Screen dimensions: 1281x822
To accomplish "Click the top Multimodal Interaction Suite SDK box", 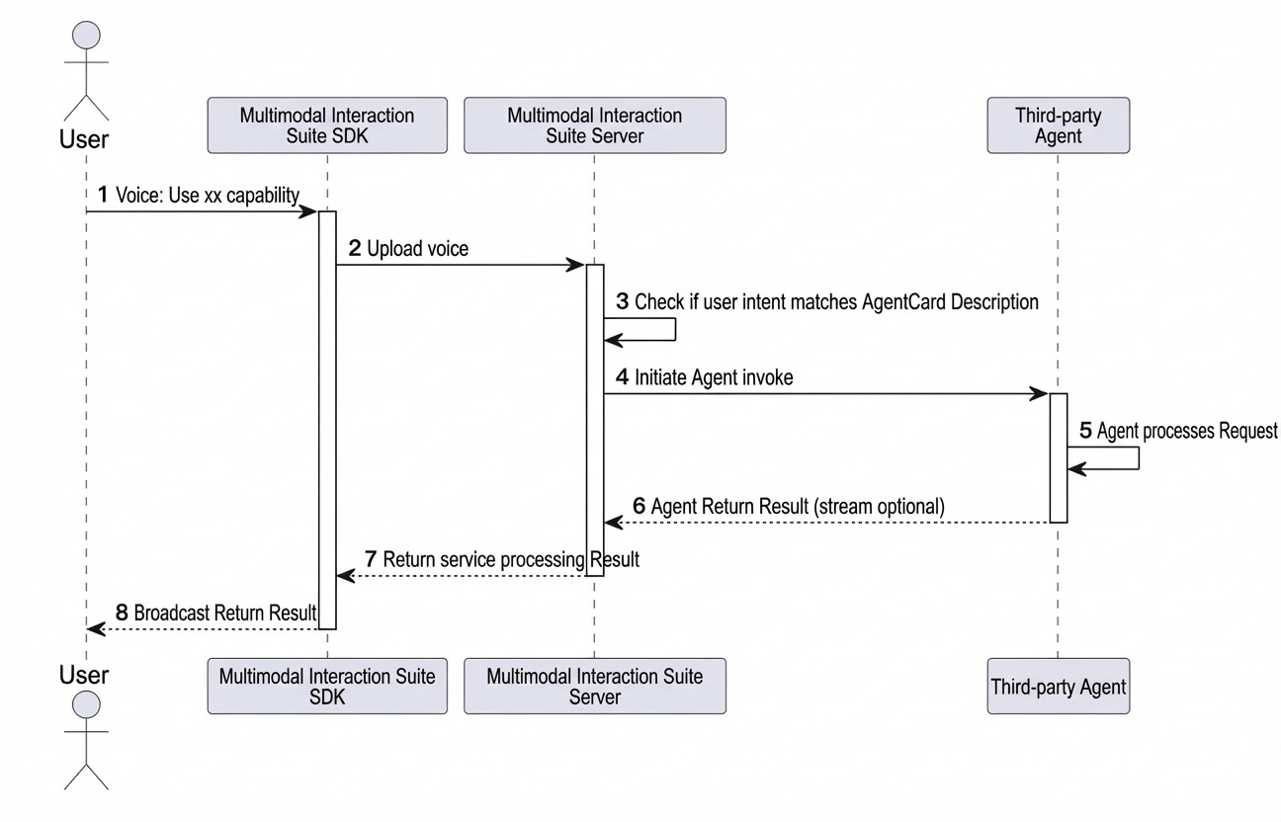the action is coord(327,125).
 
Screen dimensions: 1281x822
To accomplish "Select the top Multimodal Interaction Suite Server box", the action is coord(595,125).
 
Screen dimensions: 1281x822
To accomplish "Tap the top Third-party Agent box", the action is coord(1058,125).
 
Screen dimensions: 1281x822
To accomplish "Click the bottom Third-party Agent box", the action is coord(1058,686).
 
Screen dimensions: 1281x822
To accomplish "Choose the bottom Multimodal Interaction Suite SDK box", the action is coord(327,686).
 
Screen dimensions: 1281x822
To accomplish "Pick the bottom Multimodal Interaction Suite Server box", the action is coord(595,686).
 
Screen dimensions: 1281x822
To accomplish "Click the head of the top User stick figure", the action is coord(86,36).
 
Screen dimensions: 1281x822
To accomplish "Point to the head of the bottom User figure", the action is coord(86,704).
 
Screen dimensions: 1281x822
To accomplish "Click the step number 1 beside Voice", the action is coord(103,195).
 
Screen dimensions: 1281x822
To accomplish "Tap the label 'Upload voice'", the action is coord(417,249).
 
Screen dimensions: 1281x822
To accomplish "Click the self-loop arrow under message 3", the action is coord(675,330).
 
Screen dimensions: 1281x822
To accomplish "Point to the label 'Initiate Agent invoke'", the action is coord(714,377).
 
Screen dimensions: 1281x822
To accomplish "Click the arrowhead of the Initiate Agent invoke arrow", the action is coord(1039,394).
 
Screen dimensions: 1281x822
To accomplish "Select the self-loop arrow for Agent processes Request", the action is coord(1138,458).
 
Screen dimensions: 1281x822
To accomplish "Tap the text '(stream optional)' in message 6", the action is coord(879,507).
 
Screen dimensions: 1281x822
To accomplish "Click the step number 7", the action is coord(371,559).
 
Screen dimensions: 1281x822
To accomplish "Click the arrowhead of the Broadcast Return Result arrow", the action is coord(96,629).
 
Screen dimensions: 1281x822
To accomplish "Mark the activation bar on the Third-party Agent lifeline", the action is coord(1059,457).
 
